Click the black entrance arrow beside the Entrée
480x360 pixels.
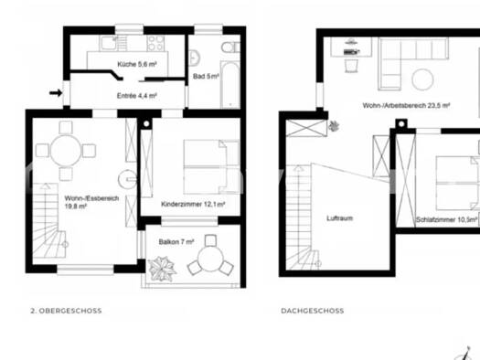tap(56, 92)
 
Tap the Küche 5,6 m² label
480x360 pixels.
tap(137, 64)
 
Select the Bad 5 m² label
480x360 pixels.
tap(206, 76)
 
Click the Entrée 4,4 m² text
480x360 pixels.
tap(137, 96)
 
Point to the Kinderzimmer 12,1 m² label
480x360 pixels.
tap(193, 204)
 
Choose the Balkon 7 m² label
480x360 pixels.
tap(176, 242)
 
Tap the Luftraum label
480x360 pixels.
tap(340, 218)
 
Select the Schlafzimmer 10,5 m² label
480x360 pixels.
tap(447, 219)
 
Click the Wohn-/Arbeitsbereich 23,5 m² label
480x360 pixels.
tap(406, 105)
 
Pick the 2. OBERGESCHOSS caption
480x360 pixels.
tap(66, 311)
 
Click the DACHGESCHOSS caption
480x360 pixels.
tap(313, 311)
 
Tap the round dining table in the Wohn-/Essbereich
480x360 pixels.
tap(66, 151)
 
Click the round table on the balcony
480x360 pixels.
tap(210, 259)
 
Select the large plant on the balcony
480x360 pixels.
tap(162, 269)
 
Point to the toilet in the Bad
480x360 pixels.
tap(230, 48)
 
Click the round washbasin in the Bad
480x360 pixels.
tap(194, 58)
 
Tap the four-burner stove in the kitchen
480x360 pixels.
tap(155, 43)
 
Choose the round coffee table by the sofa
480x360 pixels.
tap(422, 79)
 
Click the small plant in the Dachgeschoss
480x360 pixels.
tap(334, 126)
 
